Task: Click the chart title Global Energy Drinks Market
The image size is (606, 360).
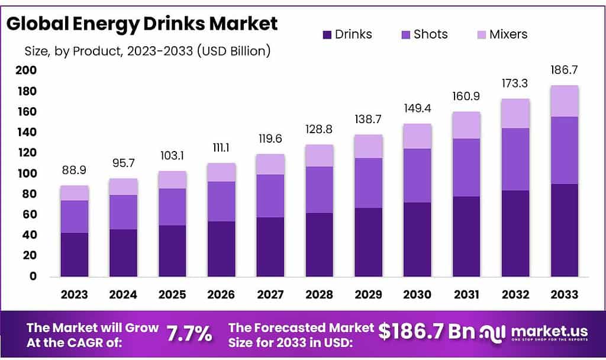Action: click(x=142, y=24)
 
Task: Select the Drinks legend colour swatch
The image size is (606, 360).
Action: click(x=326, y=34)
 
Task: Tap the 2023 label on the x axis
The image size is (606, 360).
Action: click(x=74, y=294)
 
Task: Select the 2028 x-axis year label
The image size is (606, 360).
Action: click(x=320, y=294)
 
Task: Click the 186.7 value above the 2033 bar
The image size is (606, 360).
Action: click(x=564, y=70)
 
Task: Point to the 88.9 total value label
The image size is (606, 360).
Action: click(x=74, y=170)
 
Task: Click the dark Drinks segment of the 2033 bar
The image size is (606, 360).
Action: click(x=564, y=231)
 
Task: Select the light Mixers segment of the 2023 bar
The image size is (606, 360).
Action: click(x=74, y=193)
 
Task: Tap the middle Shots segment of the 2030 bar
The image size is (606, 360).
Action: click(x=417, y=176)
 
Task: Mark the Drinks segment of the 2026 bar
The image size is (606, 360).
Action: click(x=221, y=249)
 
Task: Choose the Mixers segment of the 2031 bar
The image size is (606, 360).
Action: click(x=466, y=125)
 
